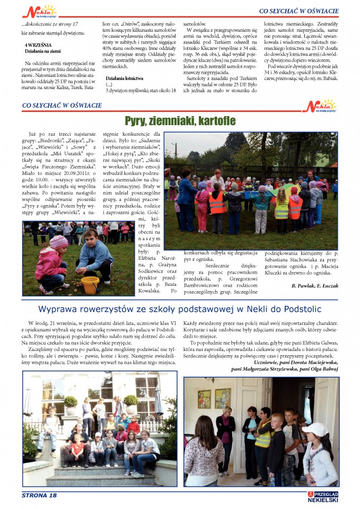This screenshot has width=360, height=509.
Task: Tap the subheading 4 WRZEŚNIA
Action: [x=38, y=45]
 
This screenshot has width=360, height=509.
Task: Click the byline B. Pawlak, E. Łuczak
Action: [x=314, y=286]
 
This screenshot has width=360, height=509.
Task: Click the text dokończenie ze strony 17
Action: [x=50, y=25]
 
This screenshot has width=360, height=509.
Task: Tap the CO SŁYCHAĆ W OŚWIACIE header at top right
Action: [x=298, y=11]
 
